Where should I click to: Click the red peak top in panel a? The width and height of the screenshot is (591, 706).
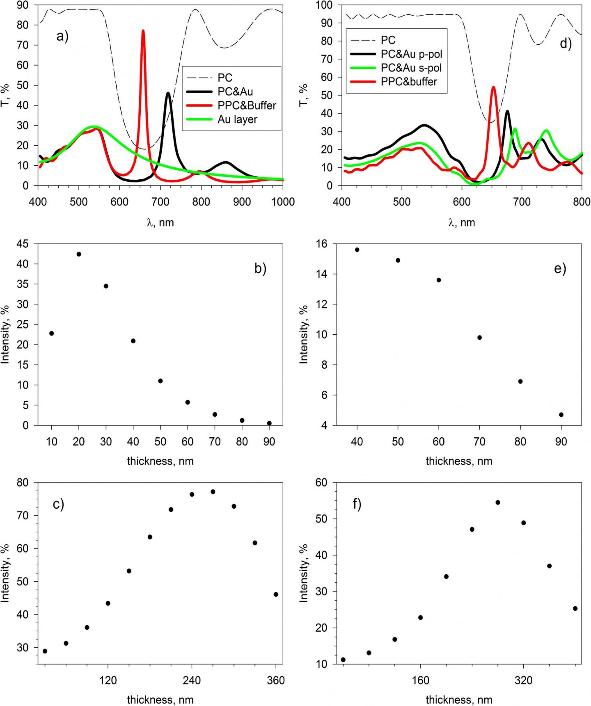[x=143, y=31]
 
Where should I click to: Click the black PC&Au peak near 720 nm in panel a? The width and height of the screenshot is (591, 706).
[x=168, y=94]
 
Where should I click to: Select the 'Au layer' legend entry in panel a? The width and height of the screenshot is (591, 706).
[x=237, y=119]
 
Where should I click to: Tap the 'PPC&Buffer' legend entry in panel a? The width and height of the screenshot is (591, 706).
[x=247, y=105]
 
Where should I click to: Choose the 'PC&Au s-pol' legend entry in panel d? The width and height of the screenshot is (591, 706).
[x=411, y=68]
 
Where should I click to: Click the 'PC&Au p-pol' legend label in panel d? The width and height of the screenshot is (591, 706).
[x=412, y=54]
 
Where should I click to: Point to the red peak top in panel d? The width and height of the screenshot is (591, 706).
[x=493, y=87]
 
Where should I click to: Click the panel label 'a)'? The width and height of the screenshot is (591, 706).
[x=62, y=37]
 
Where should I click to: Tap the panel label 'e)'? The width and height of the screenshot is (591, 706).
[x=560, y=269]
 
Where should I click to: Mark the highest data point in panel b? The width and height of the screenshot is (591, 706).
[x=79, y=254]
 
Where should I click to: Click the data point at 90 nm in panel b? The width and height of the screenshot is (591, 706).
[x=269, y=423]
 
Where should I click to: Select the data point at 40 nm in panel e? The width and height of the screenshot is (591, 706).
[x=357, y=250]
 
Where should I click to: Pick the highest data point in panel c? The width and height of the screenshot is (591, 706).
[x=213, y=492]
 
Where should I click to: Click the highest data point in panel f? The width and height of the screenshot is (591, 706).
[x=498, y=503]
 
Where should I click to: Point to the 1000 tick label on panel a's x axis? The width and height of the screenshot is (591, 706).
[x=283, y=202]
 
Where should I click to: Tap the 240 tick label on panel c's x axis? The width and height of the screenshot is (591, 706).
[x=192, y=681]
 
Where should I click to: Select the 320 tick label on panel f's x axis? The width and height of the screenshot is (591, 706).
[x=523, y=681]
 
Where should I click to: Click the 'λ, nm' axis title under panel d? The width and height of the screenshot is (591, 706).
[x=461, y=223]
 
